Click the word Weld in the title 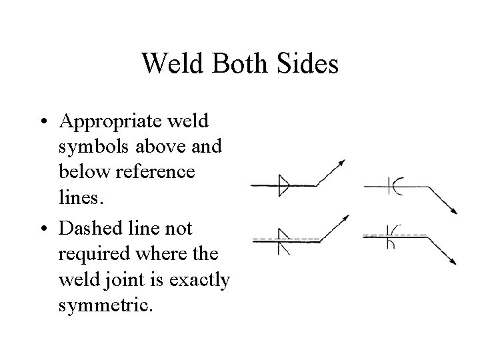pyautogui.click(x=170, y=65)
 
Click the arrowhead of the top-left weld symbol pyautogui.click(x=343, y=162)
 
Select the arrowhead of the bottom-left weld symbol pyautogui.click(x=345, y=217)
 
